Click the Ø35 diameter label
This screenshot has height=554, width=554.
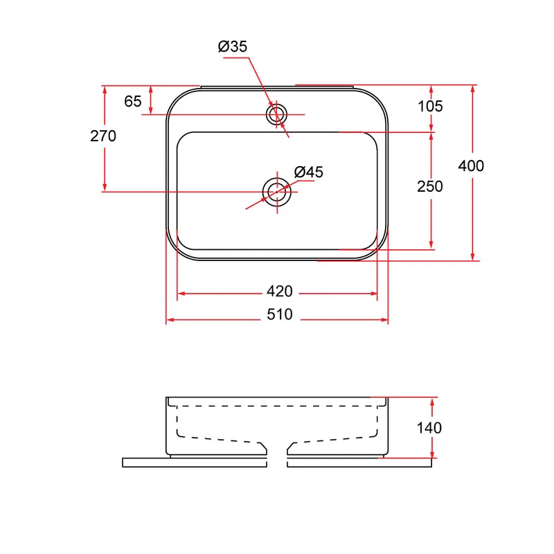[x=233, y=46]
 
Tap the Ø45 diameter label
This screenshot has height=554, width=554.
[x=308, y=172]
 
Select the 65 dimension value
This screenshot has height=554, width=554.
[x=133, y=101]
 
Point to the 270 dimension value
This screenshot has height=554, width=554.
[x=103, y=136]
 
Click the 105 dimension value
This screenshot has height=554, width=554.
[x=430, y=107]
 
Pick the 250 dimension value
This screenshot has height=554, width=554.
[x=429, y=186]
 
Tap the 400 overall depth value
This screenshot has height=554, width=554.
[x=471, y=166]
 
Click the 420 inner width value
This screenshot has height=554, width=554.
[x=280, y=292]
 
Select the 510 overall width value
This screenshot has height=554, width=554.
[x=280, y=314]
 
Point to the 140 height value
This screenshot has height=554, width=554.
[x=429, y=428]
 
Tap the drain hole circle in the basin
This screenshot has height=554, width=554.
[x=277, y=178]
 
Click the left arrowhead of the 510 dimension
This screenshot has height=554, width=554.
[x=170, y=320]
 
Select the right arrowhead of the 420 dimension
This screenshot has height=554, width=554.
[x=373, y=294]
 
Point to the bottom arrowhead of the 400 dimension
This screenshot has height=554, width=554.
[x=473, y=256]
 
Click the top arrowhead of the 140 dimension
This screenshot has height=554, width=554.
[x=432, y=402]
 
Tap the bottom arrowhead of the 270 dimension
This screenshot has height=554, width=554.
[x=105, y=187]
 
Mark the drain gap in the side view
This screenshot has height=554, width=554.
[x=277, y=455]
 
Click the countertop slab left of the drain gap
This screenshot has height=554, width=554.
[x=195, y=463]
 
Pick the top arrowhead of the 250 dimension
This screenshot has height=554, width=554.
[x=431, y=136]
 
